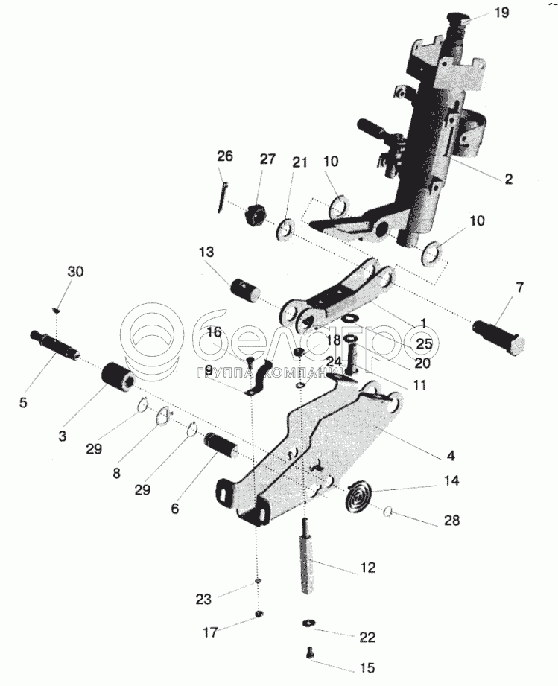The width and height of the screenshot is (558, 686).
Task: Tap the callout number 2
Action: pyautogui.click(x=508, y=179)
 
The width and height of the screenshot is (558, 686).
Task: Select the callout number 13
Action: pyautogui.click(x=206, y=253)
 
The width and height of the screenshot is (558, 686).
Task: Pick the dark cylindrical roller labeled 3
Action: pyautogui.click(x=118, y=375)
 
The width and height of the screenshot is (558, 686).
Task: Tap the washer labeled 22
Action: pyautogui.click(x=308, y=622)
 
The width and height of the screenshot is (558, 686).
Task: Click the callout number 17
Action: pyautogui.click(x=210, y=632)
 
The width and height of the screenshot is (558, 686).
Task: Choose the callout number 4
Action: pyautogui.click(x=451, y=454)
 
